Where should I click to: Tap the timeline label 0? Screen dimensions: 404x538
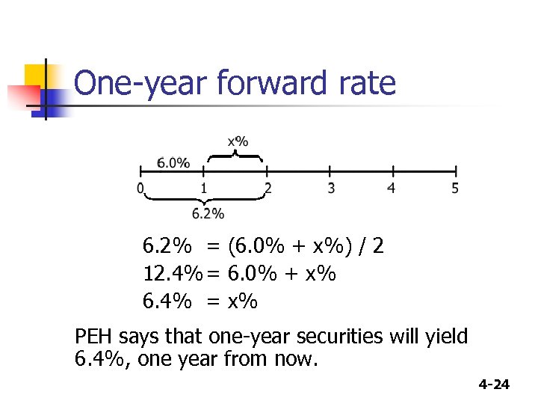[x=140, y=188]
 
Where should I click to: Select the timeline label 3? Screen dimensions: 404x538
[x=331, y=188]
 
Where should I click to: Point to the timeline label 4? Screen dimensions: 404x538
[x=392, y=188]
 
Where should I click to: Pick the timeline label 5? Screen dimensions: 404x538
[x=455, y=188]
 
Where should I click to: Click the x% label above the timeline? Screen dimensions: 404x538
[x=238, y=141]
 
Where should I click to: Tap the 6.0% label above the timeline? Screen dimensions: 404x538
[x=173, y=163]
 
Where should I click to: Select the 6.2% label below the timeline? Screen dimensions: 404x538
[x=208, y=214]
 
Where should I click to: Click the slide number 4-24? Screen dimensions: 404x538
[x=493, y=385]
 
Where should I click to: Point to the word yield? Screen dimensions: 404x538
[x=448, y=337]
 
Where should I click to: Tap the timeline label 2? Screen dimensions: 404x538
[x=268, y=188]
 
